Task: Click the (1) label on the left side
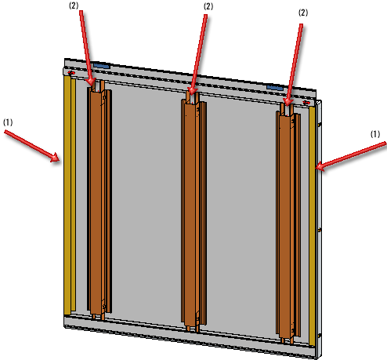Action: coord(8,122)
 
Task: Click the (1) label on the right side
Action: coord(375,134)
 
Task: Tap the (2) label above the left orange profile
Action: coord(74,5)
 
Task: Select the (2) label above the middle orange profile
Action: coord(208,6)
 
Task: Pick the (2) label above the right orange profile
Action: coord(303,13)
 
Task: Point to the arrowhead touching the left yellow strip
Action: coord(56,158)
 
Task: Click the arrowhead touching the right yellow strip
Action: coord(320,166)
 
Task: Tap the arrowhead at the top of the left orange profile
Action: coord(92,81)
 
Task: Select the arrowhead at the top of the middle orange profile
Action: coord(192,90)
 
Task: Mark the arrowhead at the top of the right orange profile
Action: coord(288,101)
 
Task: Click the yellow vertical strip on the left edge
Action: coord(70,195)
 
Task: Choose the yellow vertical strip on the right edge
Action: coord(312,226)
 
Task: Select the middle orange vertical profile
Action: coord(193,212)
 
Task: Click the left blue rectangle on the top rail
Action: coord(102,66)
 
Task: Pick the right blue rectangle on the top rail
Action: coord(275,88)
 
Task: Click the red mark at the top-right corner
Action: coord(306,103)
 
